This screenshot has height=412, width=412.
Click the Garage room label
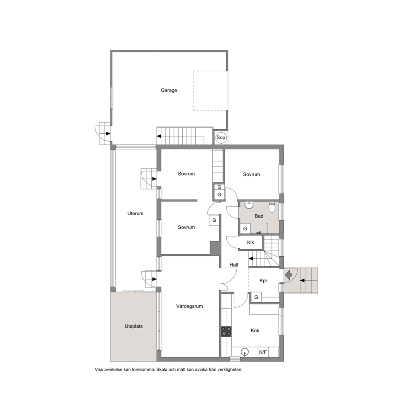click(x=169, y=90)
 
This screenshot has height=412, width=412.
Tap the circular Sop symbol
click(x=221, y=137)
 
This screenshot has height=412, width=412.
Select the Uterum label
click(x=135, y=213)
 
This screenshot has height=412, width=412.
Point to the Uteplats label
click(x=133, y=326)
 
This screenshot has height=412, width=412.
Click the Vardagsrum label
click(x=189, y=306)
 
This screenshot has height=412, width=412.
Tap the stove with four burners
click(x=226, y=331)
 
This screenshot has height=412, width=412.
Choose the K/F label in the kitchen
click(x=263, y=352)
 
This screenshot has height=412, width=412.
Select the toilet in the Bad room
click(x=272, y=207)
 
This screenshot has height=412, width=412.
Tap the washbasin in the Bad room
click(x=248, y=205)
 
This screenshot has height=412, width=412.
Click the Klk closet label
click(x=250, y=242)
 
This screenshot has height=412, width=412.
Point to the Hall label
click(x=233, y=265)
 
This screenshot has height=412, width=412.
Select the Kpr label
click(x=263, y=281)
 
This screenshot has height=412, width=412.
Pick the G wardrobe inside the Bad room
click(x=245, y=228)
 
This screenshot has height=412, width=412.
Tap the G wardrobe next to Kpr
click(x=256, y=297)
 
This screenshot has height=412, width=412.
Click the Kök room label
click(x=255, y=330)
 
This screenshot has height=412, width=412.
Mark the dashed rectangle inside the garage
click(x=210, y=91)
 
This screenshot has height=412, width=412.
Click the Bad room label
click(x=259, y=216)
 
